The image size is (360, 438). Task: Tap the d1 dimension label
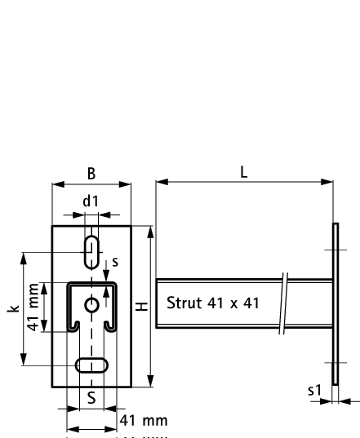point(91,201)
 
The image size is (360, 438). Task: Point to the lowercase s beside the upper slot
point(115,262)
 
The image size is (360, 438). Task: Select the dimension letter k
point(11,309)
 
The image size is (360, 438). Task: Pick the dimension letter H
point(140,307)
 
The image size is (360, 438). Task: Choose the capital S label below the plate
point(91,399)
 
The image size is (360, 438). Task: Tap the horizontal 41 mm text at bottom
point(143,421)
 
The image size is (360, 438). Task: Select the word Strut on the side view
point(183,303)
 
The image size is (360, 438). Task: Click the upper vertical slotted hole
point(91,251)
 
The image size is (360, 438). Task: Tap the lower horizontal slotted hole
point(91,365)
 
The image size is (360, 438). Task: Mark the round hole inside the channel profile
point(91,305)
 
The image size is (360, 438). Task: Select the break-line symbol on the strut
point(282,303)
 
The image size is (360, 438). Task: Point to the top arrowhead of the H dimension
point(149,232)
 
